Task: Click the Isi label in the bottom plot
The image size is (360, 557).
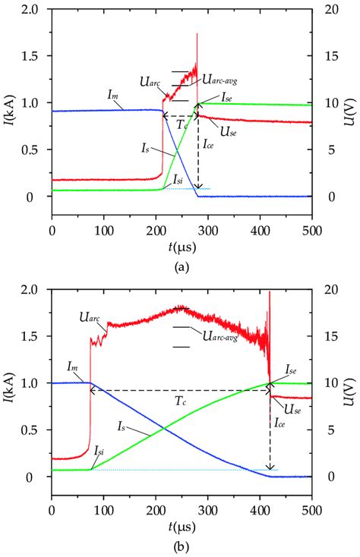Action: coord(99,451)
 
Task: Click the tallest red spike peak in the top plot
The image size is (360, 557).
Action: coord(197,33)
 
